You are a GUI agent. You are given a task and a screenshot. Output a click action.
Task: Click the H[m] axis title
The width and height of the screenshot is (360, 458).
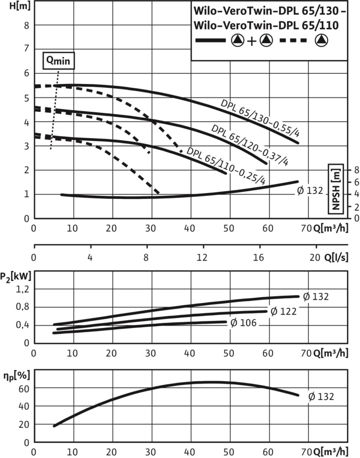point(11,6)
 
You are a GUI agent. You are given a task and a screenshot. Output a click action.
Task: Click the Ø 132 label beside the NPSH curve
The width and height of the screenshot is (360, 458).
point(309,191)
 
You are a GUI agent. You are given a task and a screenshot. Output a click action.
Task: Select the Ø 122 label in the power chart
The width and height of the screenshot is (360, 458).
point(283,312)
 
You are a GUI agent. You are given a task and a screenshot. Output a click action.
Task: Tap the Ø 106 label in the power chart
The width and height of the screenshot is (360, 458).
point(243,324)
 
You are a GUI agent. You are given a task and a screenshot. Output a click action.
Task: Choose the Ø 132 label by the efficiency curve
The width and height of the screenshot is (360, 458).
point(321,397)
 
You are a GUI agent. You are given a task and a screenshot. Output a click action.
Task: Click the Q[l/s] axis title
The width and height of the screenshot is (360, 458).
point(335,258)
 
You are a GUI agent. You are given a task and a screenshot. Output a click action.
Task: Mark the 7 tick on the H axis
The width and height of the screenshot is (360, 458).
point(26,49)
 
